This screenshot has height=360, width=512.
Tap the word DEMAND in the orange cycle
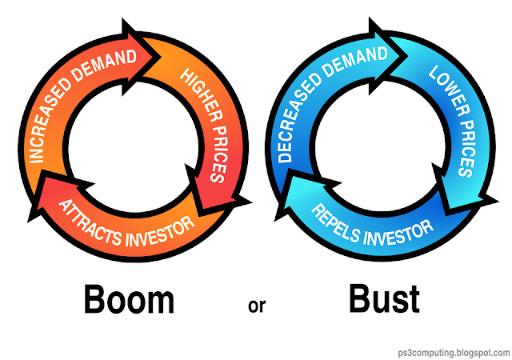point(104,66)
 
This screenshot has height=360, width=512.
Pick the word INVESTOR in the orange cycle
point(160,232)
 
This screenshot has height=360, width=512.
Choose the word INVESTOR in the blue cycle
point(398,233)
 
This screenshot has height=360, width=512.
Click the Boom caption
point(129,299)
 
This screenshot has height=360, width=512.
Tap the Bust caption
point(384,298)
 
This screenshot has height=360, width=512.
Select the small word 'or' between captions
point(257,306)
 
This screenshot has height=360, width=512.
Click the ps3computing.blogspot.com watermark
point(454,353)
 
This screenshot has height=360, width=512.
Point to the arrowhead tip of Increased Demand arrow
point(161,57)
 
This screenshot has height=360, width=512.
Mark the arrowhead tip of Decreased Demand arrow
point(408,54)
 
